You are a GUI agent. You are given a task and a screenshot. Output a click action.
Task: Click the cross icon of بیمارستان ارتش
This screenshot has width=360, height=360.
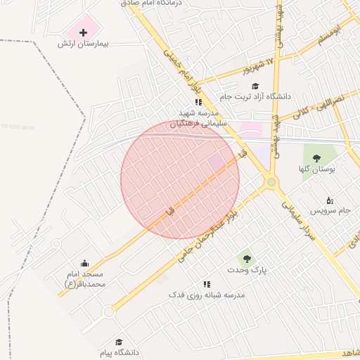click(83, 32)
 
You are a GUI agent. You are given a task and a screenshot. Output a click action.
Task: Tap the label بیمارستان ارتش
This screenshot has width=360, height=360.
click(82, 44)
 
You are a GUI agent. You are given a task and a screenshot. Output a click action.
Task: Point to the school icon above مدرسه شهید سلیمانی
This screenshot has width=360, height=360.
click(188, 103)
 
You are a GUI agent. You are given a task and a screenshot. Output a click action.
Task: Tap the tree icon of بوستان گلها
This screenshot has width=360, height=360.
click(316, 158)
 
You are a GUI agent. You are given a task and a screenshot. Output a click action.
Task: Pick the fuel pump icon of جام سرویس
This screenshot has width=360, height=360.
click(330, 200)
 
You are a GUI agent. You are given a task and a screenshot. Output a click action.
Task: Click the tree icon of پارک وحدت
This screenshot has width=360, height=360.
click(245, 259)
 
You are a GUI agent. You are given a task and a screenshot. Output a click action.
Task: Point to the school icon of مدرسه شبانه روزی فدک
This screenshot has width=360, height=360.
click(207, 284)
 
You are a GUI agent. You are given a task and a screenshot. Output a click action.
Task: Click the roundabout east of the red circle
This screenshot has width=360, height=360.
click(271, 183)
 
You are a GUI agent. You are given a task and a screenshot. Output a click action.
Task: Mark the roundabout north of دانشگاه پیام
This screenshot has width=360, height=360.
click(108, 311)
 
